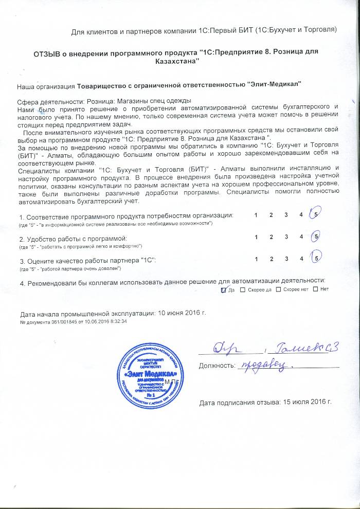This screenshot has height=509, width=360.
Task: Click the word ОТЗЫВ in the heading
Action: (x=48, y=53)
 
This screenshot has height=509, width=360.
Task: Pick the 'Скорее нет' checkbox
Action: (x=279, y=289)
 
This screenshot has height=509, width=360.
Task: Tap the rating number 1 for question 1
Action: (x=256, y=215)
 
